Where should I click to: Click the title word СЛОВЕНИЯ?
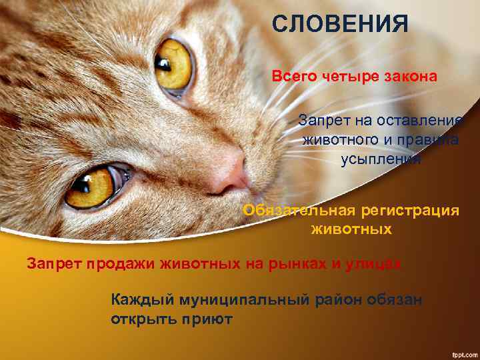point(339,24)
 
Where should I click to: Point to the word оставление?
point(424,121)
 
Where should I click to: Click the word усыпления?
point(381,159)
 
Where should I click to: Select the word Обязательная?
point(299,210)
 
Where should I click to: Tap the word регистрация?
point(410,210)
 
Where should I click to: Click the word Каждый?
point(138,300)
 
